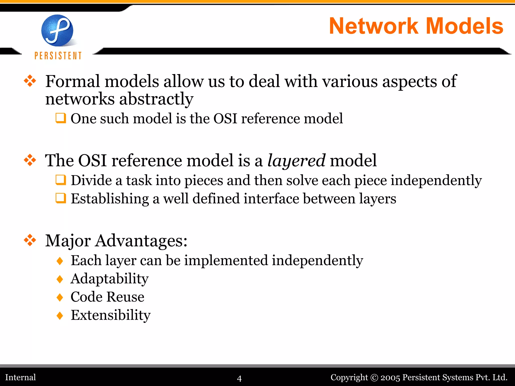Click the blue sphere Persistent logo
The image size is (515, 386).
[57, 30]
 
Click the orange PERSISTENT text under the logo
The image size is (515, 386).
[58, 56]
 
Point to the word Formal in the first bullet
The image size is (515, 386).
[73, 81]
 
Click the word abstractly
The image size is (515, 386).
[156, 99]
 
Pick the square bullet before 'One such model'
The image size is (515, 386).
[61, 118]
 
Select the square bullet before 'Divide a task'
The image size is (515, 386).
[61, 180]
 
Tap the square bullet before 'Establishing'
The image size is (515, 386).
[61, 198]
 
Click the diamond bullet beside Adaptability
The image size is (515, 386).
[60, 279]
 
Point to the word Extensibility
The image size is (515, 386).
[111, 315]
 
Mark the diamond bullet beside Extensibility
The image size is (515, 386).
[60, 315]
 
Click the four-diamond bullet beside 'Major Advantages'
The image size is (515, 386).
[30, 240]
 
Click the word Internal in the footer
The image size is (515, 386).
[21, 377]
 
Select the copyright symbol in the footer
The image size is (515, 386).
[374, 378]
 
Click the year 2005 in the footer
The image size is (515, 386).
[390, 378]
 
